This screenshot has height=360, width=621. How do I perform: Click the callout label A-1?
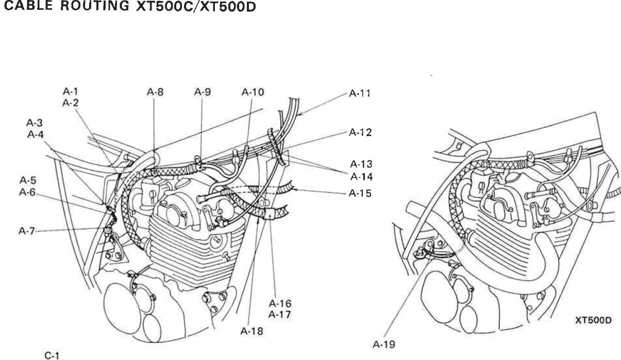pos(70,93)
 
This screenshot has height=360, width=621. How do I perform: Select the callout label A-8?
pos(155,93)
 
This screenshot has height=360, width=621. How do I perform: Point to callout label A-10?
pos(253,93)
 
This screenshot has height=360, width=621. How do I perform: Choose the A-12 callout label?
pos(360,133)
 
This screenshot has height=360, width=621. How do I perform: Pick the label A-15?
pos(360,194)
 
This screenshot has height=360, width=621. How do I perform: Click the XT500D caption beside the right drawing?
pos(593,320)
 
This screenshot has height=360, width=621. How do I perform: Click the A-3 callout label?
pos(35,123)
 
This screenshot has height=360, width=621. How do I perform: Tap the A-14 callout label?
pos(361,176)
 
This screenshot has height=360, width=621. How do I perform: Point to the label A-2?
pos(70,103)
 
